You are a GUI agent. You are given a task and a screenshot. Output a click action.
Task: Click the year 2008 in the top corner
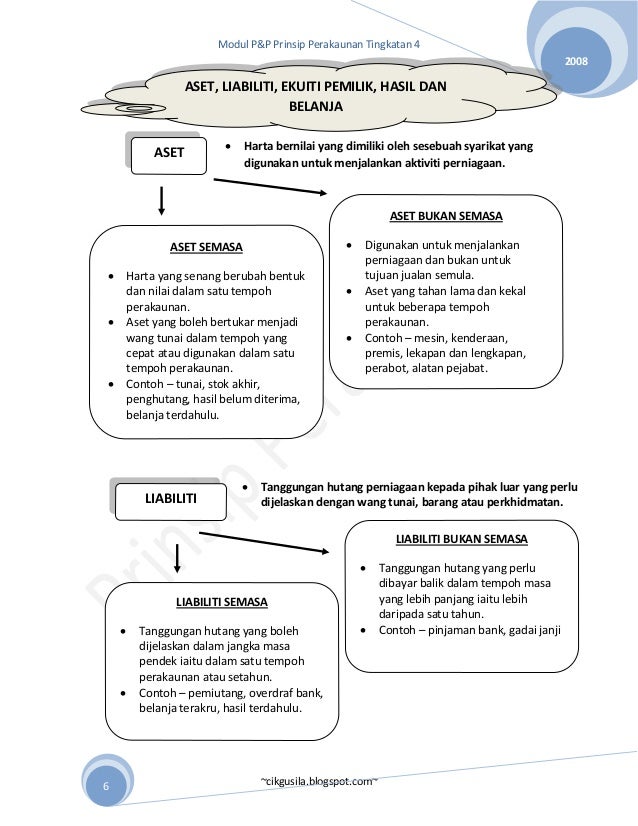(577, 63)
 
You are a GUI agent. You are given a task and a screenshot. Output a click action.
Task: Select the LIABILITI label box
(171, 498)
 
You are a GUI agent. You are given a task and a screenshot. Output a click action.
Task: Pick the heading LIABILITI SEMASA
(221, 602)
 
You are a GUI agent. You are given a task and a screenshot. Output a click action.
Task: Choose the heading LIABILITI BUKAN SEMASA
(461, 539)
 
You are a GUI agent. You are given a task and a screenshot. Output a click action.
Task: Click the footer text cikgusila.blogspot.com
(318, 778)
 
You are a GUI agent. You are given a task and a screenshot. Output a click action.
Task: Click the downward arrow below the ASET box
(162, 203)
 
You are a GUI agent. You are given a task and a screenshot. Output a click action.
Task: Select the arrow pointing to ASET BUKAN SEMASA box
(270, 187)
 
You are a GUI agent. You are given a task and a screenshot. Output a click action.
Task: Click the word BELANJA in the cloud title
(315, 105)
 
